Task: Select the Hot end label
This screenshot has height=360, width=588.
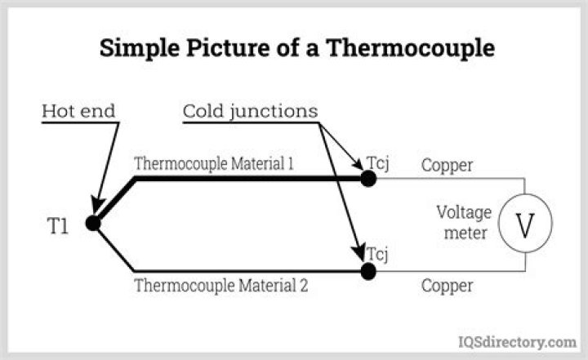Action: [78, 109]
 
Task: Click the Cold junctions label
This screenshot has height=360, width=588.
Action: [249, 109]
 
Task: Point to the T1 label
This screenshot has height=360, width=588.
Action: [56, 226]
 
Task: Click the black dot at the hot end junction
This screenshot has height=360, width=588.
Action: [91, 222]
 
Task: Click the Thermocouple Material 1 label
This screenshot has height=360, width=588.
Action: [214, 163]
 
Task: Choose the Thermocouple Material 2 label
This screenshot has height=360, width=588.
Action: [220, 287]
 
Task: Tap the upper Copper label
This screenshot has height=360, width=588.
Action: [447, 165]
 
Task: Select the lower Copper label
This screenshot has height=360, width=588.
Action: [447, 287]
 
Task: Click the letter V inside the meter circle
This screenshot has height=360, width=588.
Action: [525, 224]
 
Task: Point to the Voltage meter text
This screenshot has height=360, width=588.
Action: [464, 223]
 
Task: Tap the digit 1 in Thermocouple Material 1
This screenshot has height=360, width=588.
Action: [290, 163]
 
